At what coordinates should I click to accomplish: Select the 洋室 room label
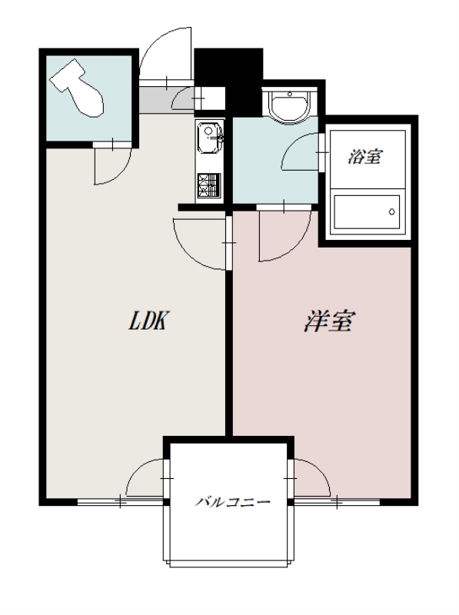click(x=328, y=322)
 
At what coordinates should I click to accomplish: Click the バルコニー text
click(x=231, y=503)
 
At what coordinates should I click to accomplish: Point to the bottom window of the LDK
click(x=120, y=502)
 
